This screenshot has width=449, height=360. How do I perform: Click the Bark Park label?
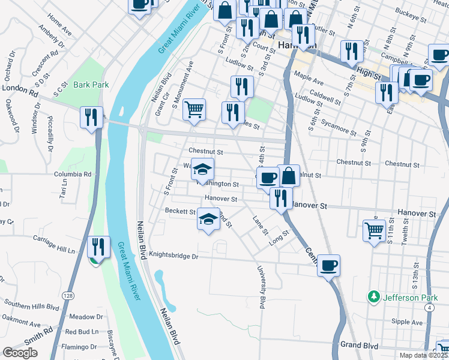[91, 85]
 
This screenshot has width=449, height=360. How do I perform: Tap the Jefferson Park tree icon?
[374, 296]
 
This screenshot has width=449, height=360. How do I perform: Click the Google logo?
[20, 353]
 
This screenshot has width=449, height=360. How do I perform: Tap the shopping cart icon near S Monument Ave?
[194, 110]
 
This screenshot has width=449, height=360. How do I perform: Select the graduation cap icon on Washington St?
[203, 169]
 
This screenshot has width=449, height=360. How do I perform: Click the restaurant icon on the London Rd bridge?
[91, 116]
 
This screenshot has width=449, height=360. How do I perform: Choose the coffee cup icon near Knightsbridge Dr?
[328, 265]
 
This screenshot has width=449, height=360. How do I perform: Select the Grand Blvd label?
[360, 345]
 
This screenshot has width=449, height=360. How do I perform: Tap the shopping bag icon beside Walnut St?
[289, 176]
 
